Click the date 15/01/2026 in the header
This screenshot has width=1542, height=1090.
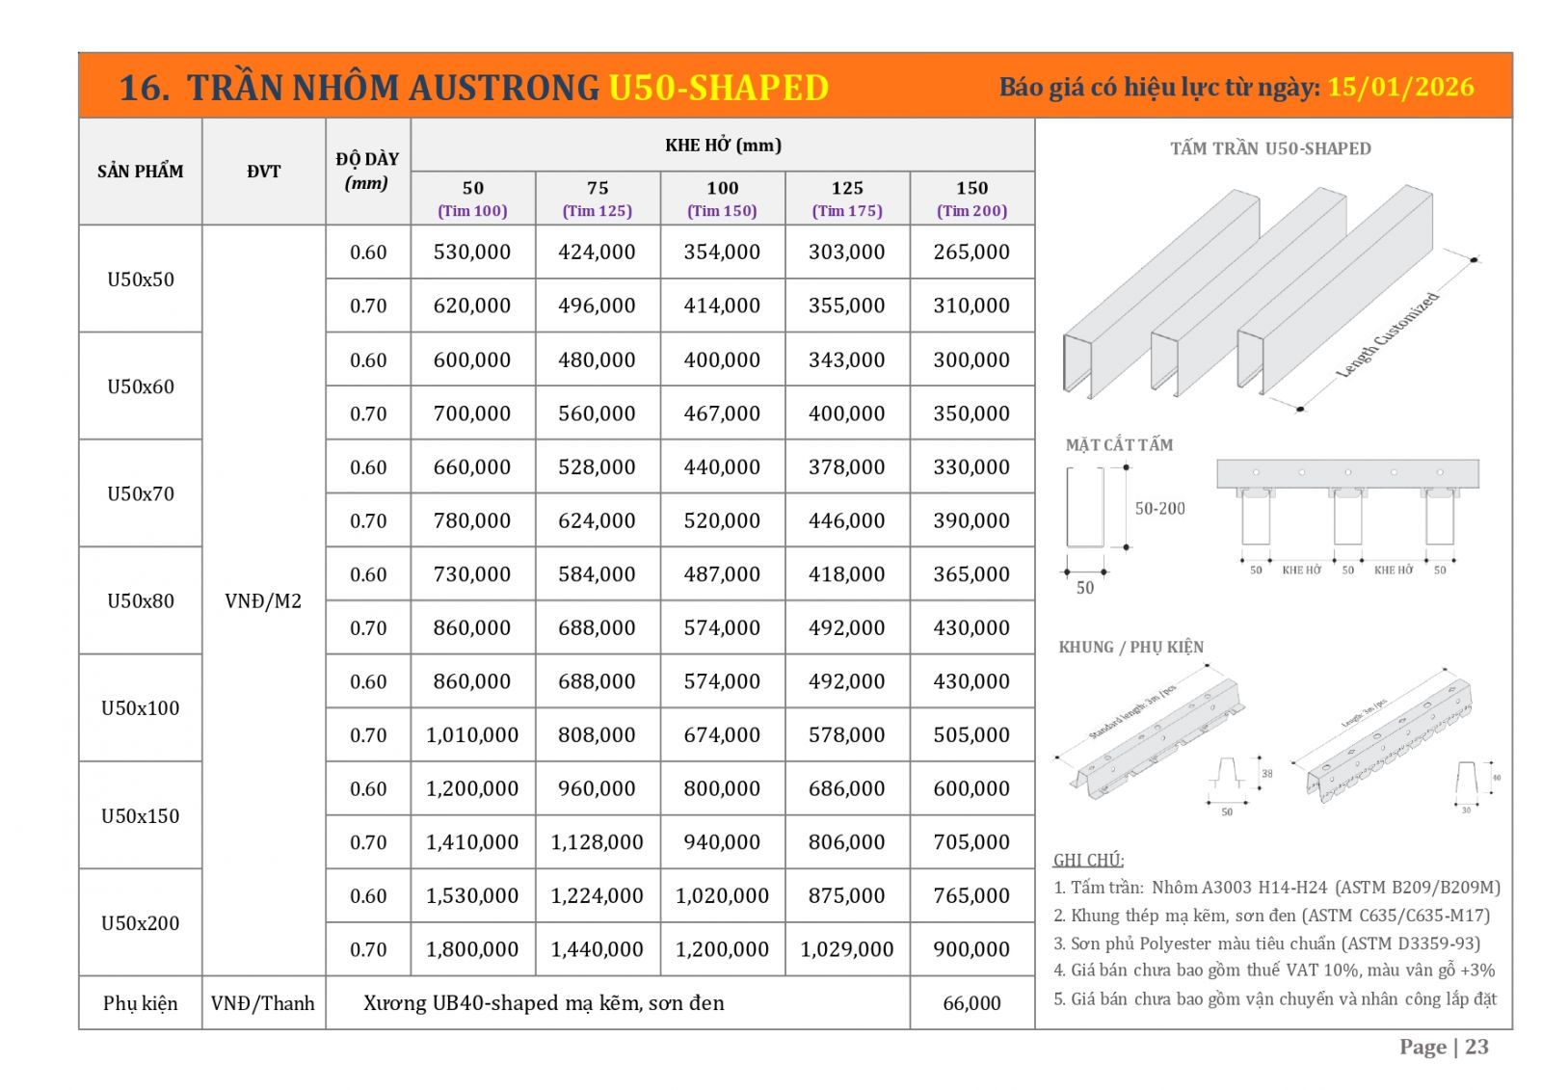1400,88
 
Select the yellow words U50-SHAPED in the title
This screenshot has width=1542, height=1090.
718,88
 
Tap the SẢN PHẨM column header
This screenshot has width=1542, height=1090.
141,172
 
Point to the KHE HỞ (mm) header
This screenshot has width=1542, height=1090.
723,146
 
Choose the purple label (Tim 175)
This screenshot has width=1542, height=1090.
847,211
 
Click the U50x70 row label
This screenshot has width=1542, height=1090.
141,493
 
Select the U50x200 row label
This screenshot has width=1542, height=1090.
141,922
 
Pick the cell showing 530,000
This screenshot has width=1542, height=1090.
472,253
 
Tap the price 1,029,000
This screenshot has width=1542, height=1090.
847,949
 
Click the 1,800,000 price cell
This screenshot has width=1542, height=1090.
472,949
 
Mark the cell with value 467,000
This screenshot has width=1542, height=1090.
722,413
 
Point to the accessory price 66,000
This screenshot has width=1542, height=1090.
971,1003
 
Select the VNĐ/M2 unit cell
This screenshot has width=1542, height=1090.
263,601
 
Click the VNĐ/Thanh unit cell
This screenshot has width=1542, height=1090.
263,1003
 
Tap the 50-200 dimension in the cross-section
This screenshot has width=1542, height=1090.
1159,508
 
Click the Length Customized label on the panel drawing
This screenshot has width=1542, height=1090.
1388,334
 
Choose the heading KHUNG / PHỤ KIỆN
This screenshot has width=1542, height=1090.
1130,647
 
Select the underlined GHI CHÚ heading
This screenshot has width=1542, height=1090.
1088,860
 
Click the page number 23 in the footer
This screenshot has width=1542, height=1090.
1476,1047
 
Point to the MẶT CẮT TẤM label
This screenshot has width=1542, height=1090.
1119,444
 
